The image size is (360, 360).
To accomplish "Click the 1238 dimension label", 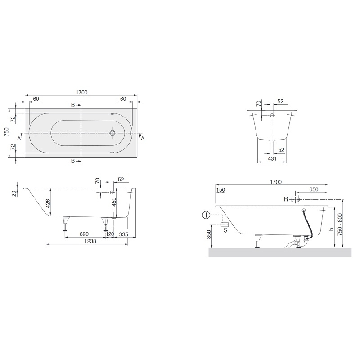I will coord(88,242).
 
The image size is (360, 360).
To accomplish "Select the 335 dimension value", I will coord(125,234).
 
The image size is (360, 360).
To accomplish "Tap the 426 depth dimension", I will coord(48,203).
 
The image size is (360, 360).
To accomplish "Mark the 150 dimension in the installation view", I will coord(220,190).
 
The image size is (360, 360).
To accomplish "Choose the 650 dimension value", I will coord(314,190).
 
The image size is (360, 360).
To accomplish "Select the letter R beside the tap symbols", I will coord(285,199).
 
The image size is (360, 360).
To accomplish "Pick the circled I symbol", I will coord(206,215).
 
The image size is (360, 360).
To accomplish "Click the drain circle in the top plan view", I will coord(113,133).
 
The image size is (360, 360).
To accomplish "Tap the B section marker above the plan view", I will coord(73,105).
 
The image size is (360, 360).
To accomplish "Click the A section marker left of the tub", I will coord(19,138).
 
